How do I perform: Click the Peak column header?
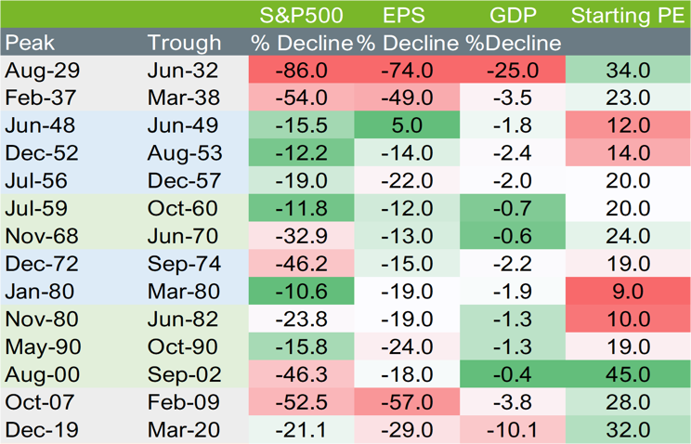[29, 43]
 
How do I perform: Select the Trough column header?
[184, 43]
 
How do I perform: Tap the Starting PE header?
[628, 15]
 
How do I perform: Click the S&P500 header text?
[301, 15]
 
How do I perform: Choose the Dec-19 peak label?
[41, 430]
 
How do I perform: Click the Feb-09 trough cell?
[183, 402]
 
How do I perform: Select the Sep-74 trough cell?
[184, 264]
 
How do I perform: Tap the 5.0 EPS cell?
[409, 125]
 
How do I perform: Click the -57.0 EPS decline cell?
[409, 402]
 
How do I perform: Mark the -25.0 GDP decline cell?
[514, 71]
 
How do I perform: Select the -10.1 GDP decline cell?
[514, 430]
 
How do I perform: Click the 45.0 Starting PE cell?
[628, 374]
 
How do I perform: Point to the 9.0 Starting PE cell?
[628, 292]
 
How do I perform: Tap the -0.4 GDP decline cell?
[514, 374]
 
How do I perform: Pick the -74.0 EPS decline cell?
[409, 71]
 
